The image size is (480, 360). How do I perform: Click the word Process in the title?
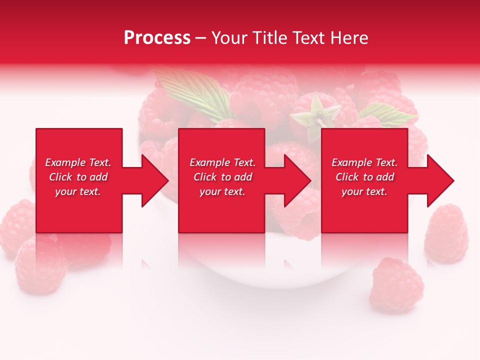(x=157, y=38)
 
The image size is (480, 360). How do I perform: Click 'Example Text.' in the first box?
(x=78, y=162)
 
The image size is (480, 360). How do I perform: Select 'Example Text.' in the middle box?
(x=222, y=162)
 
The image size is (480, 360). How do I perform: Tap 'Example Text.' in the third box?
(x=364, y=162)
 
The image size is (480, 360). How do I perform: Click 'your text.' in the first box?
(x=78, y=191)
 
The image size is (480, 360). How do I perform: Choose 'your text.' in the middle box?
(x=222, y=191)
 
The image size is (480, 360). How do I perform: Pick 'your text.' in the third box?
(x=364, y=191)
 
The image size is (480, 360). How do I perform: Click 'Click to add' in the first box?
(x=78, y=177)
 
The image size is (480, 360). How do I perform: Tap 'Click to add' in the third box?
(x=364, y=177)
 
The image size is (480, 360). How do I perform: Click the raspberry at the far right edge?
(x=446, y=234)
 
